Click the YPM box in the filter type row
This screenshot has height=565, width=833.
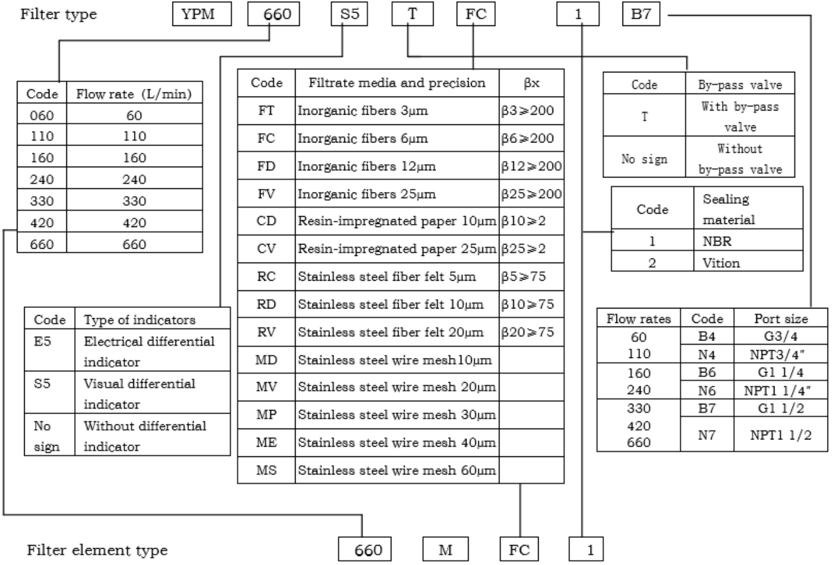click(x=202, y=14)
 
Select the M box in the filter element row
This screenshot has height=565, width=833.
click(x=446, y=549)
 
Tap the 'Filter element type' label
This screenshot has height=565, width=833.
click(x=97, y=550)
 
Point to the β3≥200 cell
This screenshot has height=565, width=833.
click(x=527, y=110)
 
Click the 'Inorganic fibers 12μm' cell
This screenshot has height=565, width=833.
click(x=367, y=166)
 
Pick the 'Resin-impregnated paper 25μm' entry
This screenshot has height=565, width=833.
click(x=397, y=249)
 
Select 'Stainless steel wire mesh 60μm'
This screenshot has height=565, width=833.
click(x=397, y=470)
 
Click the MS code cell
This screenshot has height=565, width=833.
click(x=266, y=470)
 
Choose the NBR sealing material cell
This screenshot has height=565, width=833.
click(x=717, y=241)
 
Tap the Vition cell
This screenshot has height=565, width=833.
click(x=721, y=263)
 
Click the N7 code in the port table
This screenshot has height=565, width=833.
click(x=706, y=435)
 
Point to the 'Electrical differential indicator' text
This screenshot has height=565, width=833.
click(x=149, y=351)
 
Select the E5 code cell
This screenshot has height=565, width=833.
click(x=42, y=341)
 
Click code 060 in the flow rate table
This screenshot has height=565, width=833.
click(x=42, y=115)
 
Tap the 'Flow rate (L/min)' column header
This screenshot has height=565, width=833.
click(x=134, y=94)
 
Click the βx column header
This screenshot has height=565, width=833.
click(x=531, y=83)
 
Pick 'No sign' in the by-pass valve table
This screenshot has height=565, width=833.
click(x=644, y=159)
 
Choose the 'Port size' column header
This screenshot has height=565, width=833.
click(x=781, y=319)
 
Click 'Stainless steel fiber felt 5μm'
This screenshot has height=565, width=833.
click(x=387, y=276)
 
